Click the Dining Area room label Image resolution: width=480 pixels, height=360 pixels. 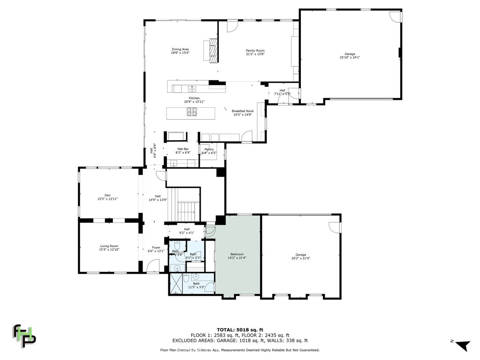pyautogui.click(x=180, y=51)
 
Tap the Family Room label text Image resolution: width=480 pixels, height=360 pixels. pyautogui.click(x=255, y=52)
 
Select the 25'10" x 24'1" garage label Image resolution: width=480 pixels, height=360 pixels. pyautogui.click(x=350, y=56)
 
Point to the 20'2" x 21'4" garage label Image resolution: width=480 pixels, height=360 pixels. pyautogui.click(x=300, y=256)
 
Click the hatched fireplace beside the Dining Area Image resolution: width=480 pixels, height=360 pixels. pyautogui.click(x=213, y=50)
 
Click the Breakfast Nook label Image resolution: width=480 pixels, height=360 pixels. pyautogui.click(x=242, y=112)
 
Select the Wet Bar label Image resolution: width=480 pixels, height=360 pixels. pyautogui.click(x=183, y=150)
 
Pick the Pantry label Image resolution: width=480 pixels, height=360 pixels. pyautogui.click(x=209, y=151)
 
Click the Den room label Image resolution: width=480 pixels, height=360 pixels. pyautogui.click(x=107, y=197)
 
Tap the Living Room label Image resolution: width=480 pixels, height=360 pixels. pyautogui.click(x=109, y=247)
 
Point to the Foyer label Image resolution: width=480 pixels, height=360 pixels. pyautogui.click(x=156, y=249)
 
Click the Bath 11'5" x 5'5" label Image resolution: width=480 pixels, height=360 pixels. pyautogui.click(x=196, y=285)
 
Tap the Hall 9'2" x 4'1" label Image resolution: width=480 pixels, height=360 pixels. pyautogui.click(x=187, y=231)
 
